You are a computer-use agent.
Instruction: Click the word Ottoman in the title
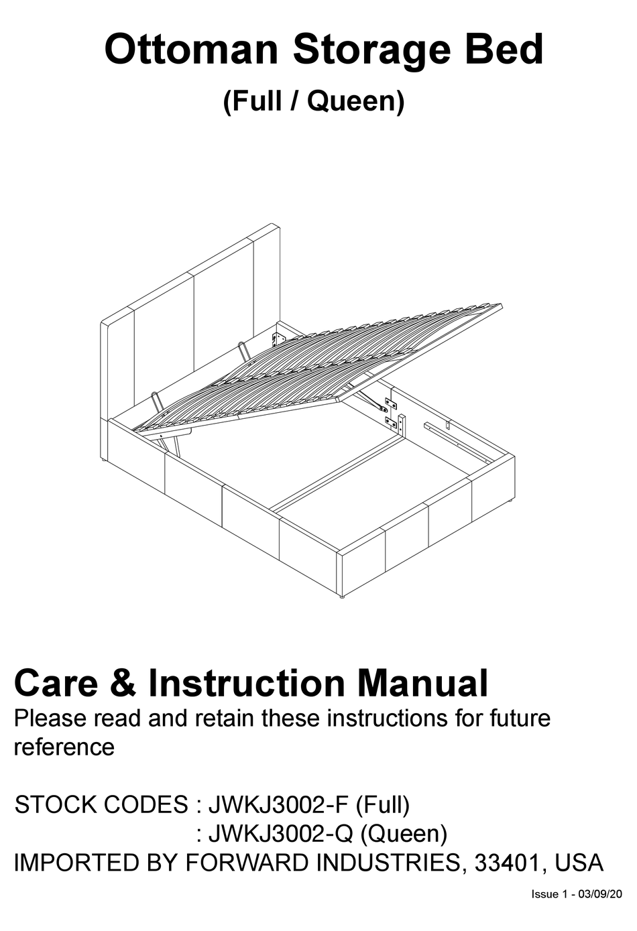pos(190,50)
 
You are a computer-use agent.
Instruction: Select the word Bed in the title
pos(497,50)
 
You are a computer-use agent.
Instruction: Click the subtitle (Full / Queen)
pos(314,101)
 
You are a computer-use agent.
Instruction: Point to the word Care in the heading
pos(56,683)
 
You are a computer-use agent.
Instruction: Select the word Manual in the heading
pos(422,683)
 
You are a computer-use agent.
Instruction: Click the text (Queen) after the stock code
pos(404,833)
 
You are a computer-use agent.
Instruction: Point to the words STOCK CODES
pos(101,804)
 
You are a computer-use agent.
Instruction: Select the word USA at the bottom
pos(579,862)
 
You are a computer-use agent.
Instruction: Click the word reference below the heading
pos(64,746)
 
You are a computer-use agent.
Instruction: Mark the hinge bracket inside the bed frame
pos(390,412)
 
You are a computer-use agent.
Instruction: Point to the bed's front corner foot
pos(342,595)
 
